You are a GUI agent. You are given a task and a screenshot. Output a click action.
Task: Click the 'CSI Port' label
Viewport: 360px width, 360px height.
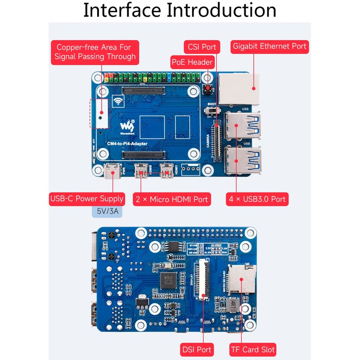(x=202, y=47)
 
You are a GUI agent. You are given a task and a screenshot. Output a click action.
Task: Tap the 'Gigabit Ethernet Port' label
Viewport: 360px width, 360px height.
(x=270, y=46)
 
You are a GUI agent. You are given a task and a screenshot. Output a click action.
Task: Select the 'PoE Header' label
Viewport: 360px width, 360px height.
(x=192, y=62)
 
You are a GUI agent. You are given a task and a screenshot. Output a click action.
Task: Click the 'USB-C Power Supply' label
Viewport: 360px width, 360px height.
(x=87, y=198)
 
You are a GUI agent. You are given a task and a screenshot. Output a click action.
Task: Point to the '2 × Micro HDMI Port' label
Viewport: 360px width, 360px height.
(x=171, y=198)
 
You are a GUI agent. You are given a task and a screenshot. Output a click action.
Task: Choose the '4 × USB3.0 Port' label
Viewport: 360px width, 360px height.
(x=256, y=198)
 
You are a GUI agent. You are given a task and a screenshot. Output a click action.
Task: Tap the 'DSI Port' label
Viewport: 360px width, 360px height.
(x=197, y=349)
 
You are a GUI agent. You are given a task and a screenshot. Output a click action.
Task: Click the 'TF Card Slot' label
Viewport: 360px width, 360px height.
(x=252, y=349)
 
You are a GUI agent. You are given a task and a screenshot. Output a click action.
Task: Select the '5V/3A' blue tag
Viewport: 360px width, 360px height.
(x=108, y=211)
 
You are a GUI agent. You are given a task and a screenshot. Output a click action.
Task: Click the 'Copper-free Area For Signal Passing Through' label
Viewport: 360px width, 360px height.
(x=95, y=52)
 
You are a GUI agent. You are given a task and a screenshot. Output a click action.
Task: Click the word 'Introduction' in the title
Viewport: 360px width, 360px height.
(x=221, y=11)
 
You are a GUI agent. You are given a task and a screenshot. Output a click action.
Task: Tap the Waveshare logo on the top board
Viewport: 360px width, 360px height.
(x=129, y=124)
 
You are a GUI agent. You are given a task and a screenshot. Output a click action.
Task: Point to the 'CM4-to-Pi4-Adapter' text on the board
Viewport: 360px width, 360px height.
(x=127, y=144)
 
